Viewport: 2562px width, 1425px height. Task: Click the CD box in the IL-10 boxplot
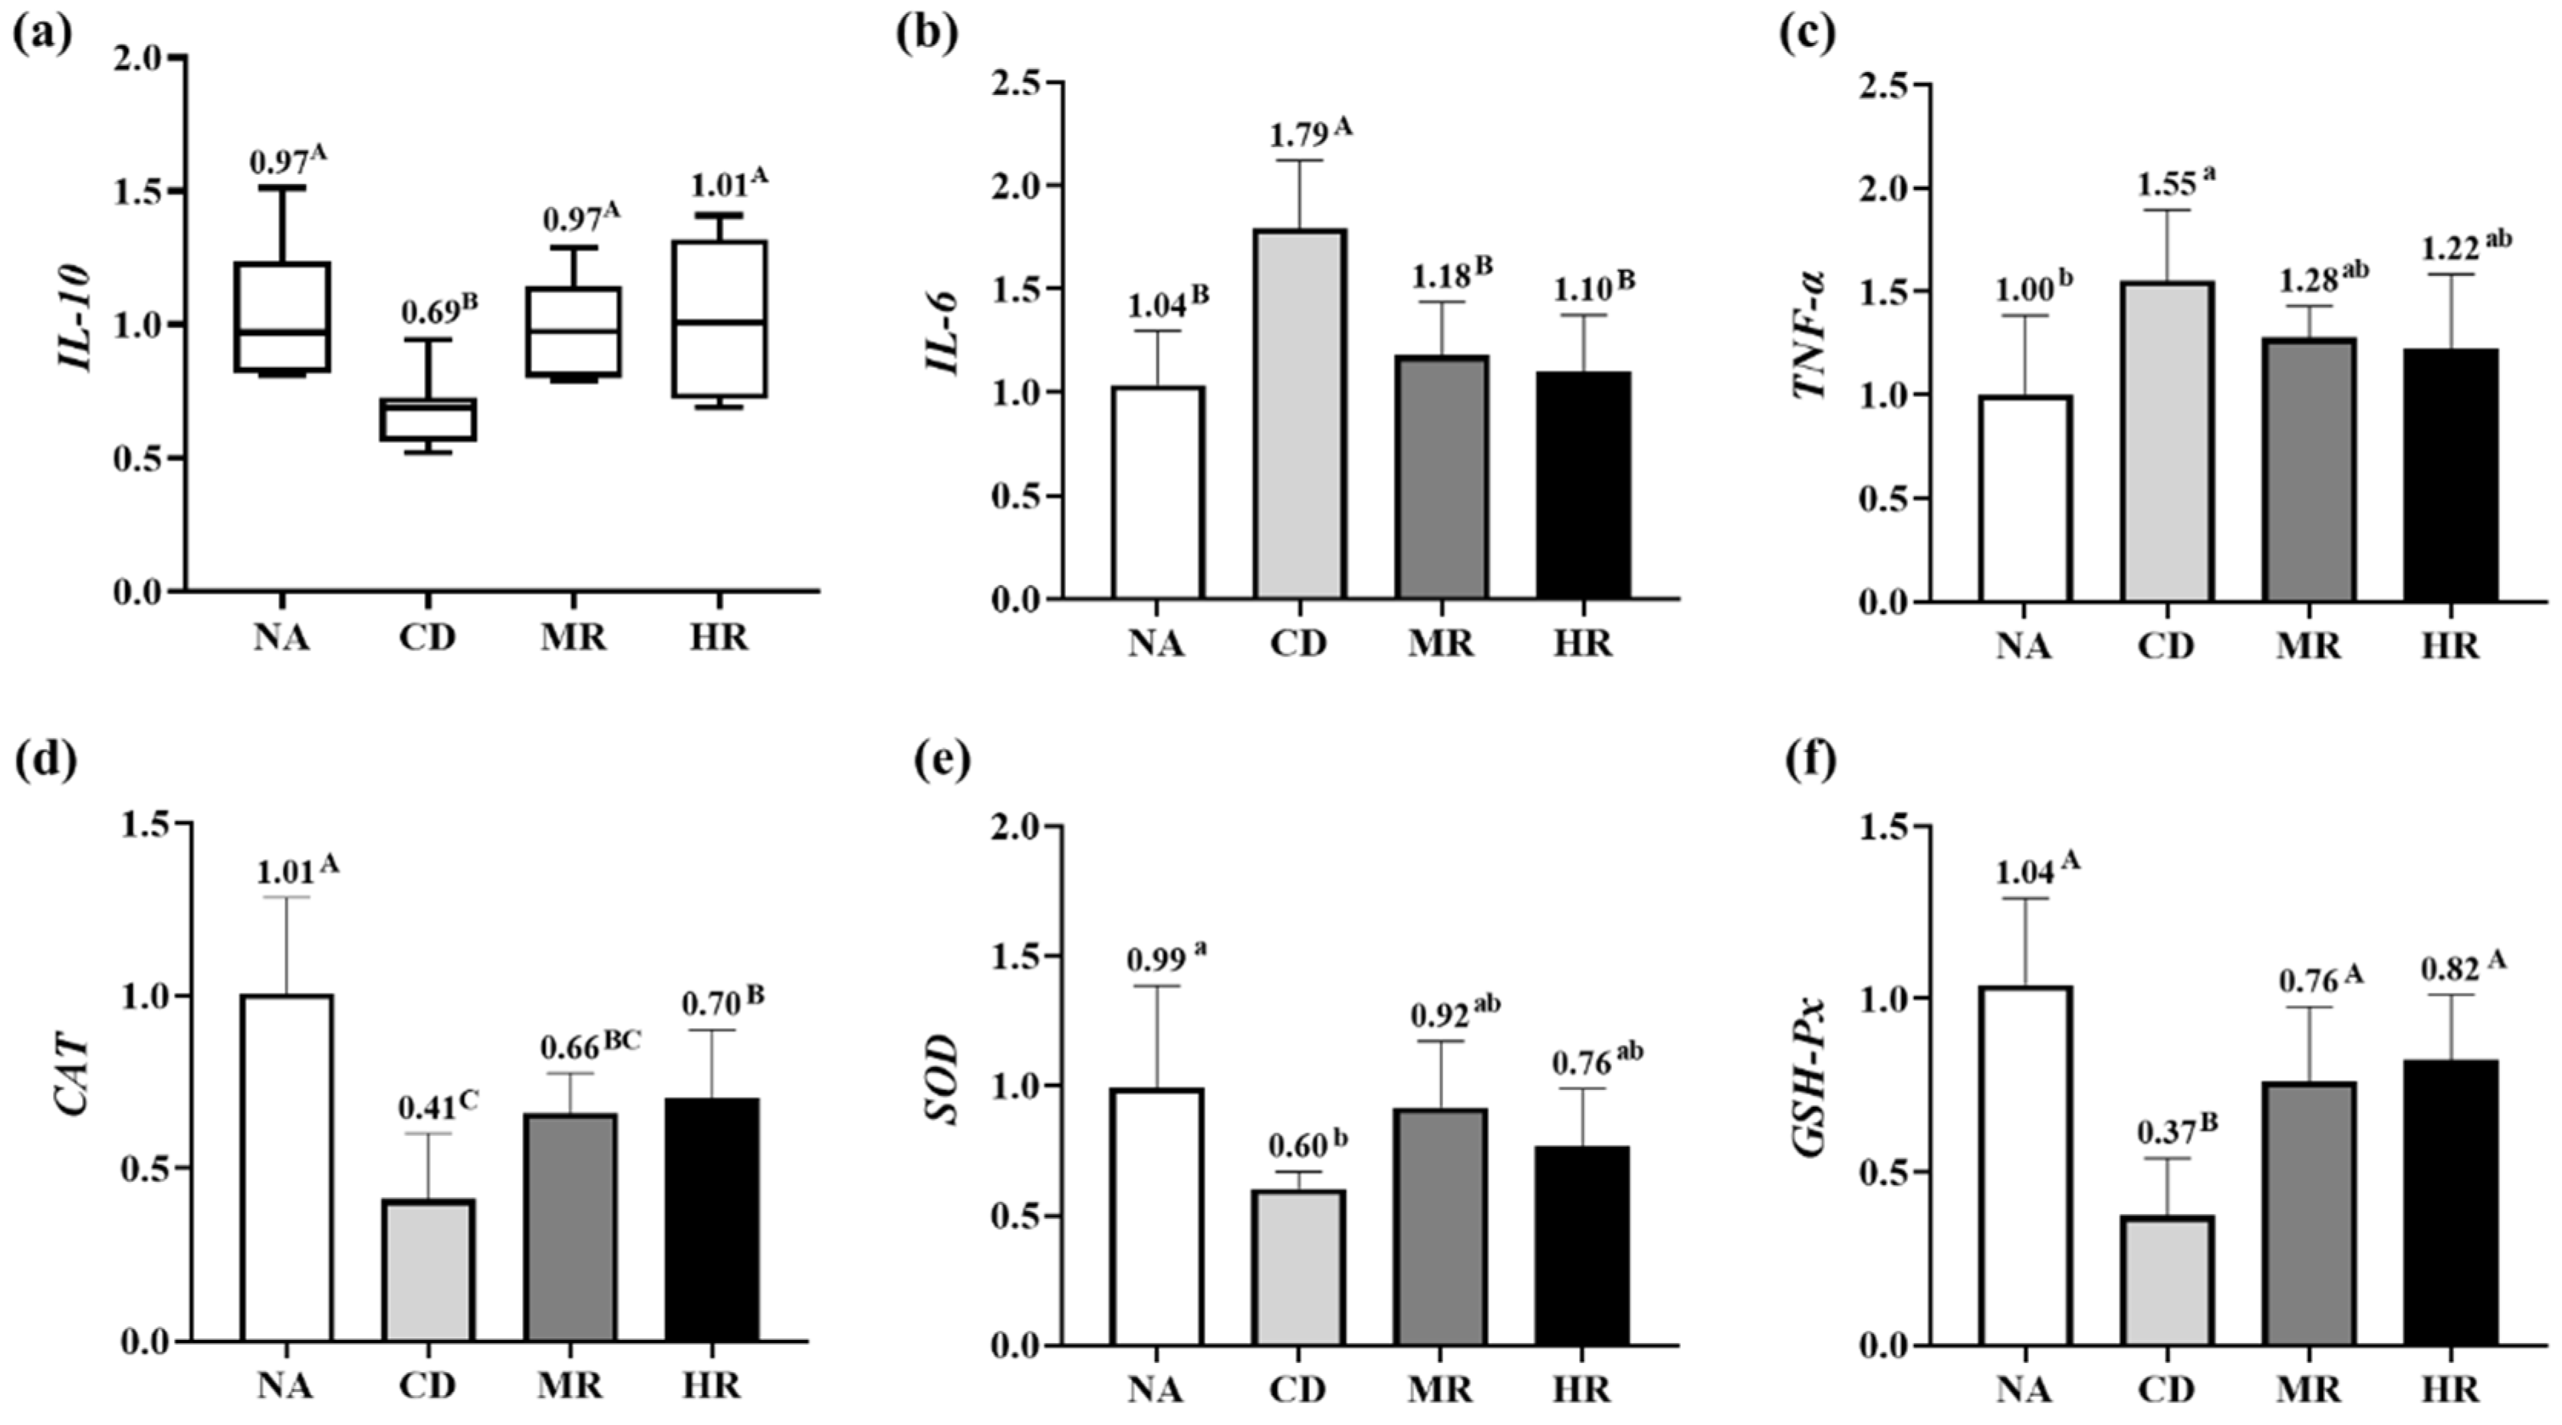coord(429,419)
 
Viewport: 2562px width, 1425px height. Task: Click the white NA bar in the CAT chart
coord(287,1167)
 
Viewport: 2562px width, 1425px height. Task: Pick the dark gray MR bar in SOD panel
coord(1440,1227)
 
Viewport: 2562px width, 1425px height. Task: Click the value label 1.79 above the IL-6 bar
coord(1298,135)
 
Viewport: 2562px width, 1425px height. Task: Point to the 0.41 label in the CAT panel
coord(426,1107)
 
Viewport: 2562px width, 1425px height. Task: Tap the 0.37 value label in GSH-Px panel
coord(2163,1131)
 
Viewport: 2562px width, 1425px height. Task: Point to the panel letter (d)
coord(44,762)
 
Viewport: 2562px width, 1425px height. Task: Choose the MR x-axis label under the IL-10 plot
coord(573,636)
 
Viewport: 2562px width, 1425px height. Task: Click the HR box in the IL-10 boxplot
coord(718,318)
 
